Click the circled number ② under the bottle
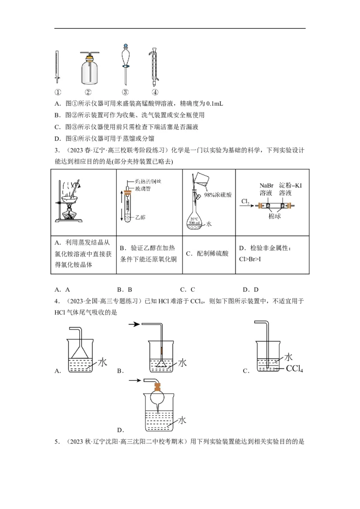click(88, 93)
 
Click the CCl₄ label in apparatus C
click(294, 369)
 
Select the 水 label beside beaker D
click(182, 420)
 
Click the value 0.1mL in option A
click(212, 104)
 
